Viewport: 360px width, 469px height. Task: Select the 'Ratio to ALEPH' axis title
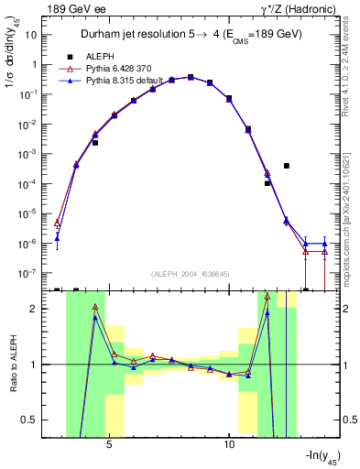[12, 366]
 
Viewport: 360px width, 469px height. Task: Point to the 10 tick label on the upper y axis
[30, 34]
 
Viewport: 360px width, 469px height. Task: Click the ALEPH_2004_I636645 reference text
[191, 274]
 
